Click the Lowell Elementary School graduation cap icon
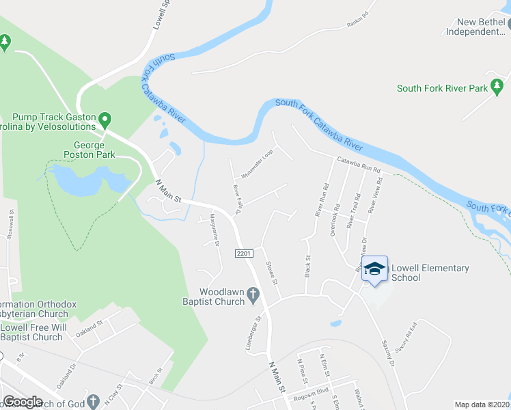tap(374, 269)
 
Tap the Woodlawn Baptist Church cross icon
tap(253, 295)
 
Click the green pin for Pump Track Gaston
tap(105, 121)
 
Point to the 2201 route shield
tap(246, 253)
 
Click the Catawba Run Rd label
tap(358, 165)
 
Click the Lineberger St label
tap(254, 333)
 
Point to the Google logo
tap(23, 402)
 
